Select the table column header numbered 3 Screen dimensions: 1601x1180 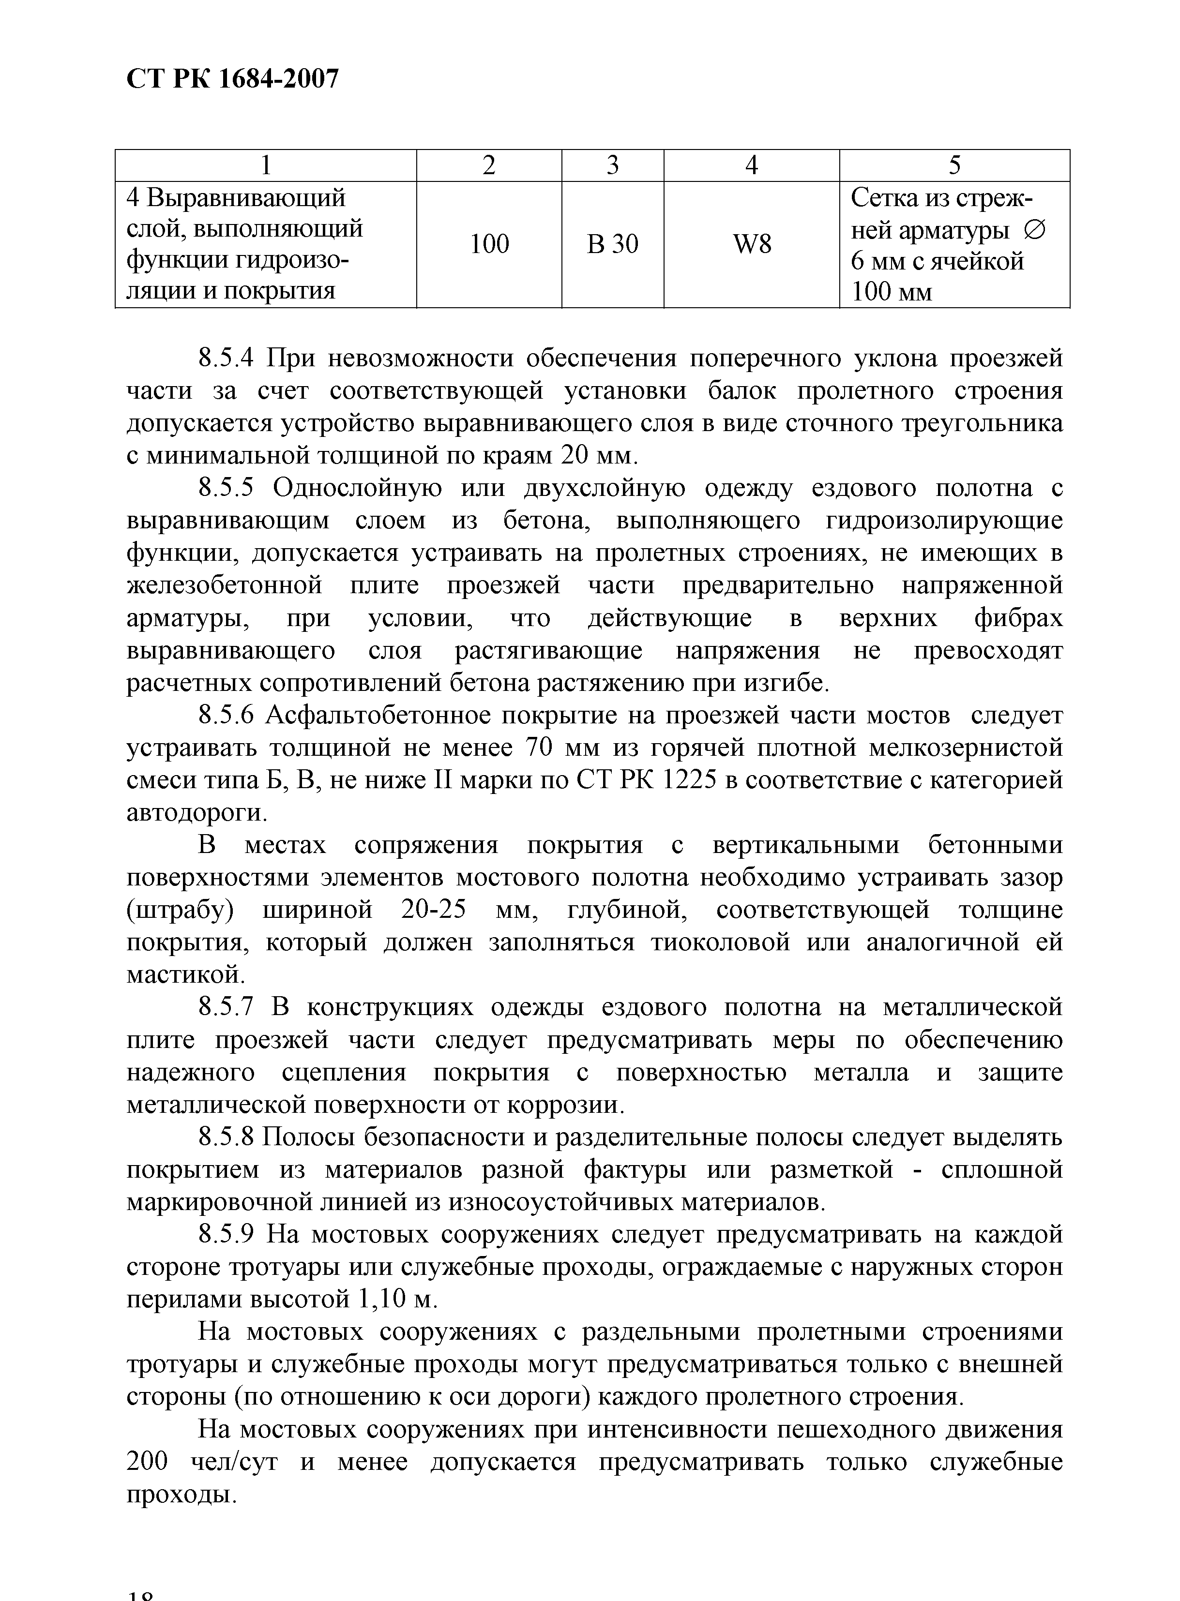[612, 165]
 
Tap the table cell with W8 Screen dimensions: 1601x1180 [752, 245]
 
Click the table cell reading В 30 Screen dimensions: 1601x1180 [612, 245]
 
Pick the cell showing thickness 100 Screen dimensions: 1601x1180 [489, 244]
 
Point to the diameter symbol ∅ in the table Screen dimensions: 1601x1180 [1033, 231]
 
